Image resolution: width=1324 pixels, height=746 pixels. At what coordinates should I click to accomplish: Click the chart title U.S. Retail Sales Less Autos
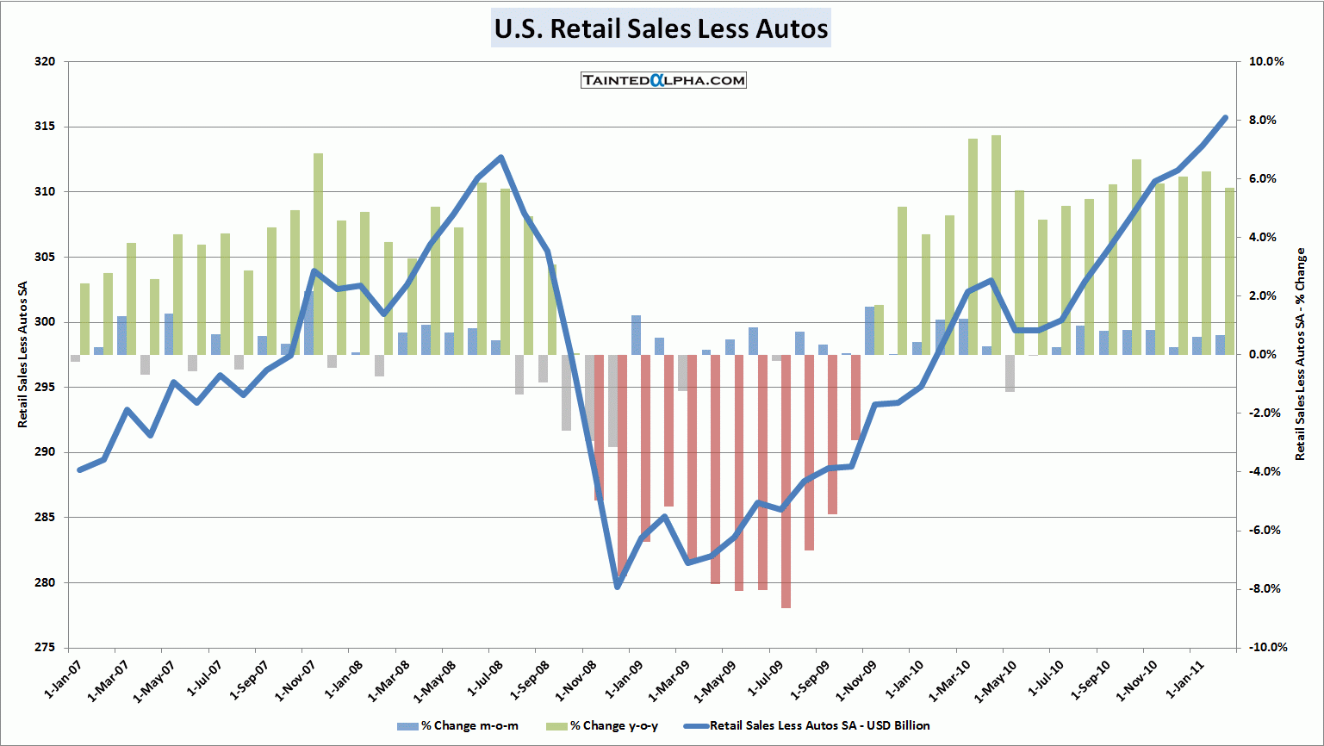coord(661,28)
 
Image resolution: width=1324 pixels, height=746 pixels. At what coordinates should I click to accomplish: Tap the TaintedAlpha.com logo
coord(663,80)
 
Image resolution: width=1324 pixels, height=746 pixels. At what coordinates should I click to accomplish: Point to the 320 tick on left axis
coord(45,62)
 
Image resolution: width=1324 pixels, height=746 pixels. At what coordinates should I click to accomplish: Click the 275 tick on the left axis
coord(45,648)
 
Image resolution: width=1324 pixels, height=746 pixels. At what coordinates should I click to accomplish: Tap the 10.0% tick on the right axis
coord(1266,62)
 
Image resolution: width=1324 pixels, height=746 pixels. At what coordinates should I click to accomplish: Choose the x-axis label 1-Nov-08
coord(575,681)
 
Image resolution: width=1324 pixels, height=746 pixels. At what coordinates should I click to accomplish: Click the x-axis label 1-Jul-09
coord(763,681)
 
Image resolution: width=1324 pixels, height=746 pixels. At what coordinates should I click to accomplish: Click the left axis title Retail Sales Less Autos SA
coord(23,355)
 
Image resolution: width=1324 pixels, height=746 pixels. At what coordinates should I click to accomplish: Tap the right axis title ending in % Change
coord(1301,355)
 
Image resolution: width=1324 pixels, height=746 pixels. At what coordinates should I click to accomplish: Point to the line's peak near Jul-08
coord(501,158)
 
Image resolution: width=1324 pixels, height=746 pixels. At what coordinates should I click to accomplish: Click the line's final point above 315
coord(1225,118)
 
